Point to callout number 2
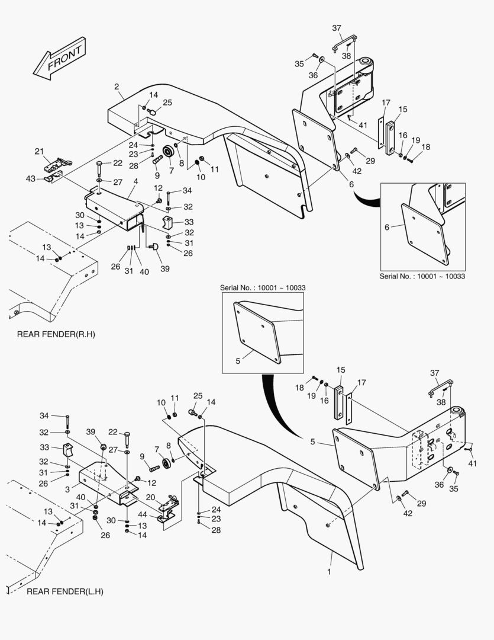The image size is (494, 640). (x=117, y=87)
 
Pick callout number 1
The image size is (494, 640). (x=329, y=572)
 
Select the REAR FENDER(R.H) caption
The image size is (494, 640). (x=56, y=335)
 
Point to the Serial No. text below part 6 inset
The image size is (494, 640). (x=421, y=276)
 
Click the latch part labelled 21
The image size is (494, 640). (x=59, y=163)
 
